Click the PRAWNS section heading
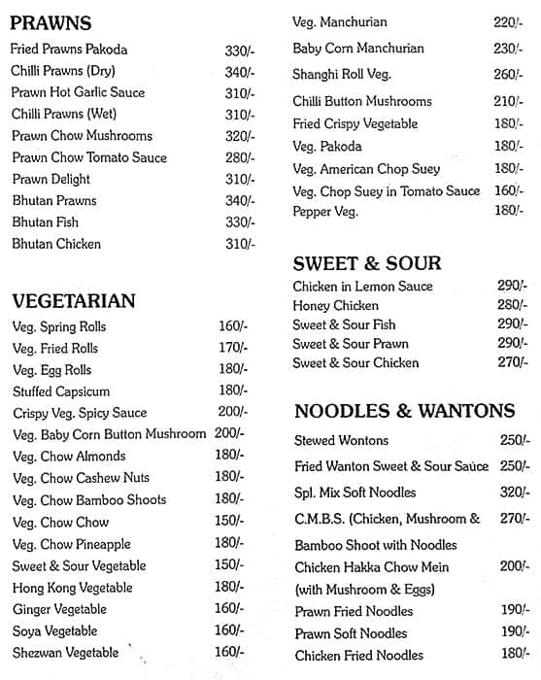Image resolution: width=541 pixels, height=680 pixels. (51, 22)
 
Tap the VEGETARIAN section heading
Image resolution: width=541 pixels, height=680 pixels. (74, 300)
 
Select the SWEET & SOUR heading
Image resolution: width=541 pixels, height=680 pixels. (367, 262)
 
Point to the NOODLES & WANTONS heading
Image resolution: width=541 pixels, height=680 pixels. (404, 410)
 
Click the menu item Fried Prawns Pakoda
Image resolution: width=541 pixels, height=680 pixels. (69, 50)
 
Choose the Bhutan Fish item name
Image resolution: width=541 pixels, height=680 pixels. (45, 222)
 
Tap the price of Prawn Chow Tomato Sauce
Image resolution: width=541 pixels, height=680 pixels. (239, 158)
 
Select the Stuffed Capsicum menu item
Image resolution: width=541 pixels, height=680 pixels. (61, 391)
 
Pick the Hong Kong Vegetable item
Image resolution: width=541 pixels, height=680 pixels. (73, 588)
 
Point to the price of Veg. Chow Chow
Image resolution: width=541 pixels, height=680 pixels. (229, 523)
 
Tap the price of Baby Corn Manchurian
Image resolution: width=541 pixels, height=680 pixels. (508, 49)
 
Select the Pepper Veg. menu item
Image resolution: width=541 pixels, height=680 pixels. (325, 212)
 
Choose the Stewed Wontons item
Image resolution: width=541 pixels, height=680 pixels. (341, 440)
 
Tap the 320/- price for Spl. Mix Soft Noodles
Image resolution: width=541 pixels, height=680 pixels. (515, 493)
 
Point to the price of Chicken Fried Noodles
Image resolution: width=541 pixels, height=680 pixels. (515, 656)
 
